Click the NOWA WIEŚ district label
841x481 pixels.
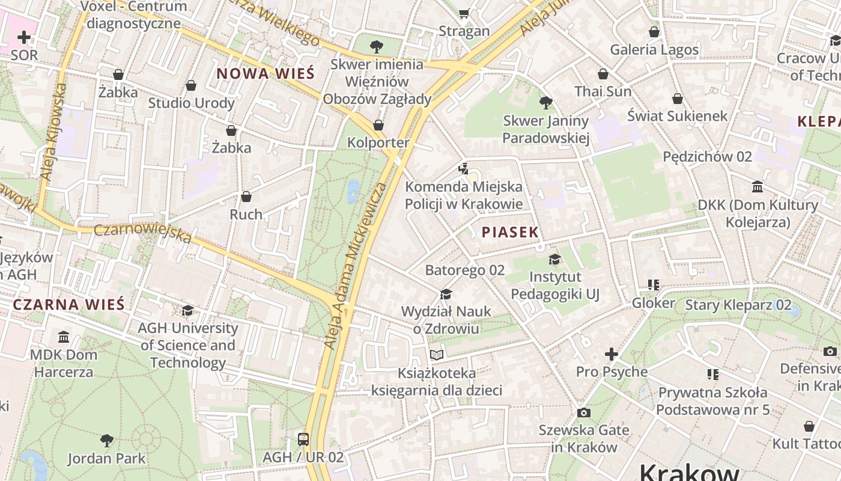(265, 73)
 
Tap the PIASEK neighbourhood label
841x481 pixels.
(510, 232)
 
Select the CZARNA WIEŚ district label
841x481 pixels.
(68, 304)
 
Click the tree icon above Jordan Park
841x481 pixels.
(107, 441)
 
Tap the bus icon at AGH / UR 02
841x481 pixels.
(303, 439)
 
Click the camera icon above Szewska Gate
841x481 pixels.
(583, 412)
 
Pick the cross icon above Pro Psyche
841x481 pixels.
(612, 354)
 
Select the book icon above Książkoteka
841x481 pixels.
(437, 355)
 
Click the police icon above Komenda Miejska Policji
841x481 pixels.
(463, 169)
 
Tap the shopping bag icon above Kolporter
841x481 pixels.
(378, 125)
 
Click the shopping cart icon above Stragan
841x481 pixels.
(464, 13)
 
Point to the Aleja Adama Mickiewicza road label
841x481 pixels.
(356, 265)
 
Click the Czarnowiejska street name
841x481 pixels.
(143, 233)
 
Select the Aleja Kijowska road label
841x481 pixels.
(53, 132)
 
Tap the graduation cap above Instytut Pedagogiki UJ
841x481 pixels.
(554, 259)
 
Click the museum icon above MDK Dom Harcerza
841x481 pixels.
(64, 337)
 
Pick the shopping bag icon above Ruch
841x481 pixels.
(246, 197)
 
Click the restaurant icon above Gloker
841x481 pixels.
(654, 285)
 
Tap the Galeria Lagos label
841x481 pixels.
(654, 49)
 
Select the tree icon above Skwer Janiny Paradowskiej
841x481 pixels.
(545, 103)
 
